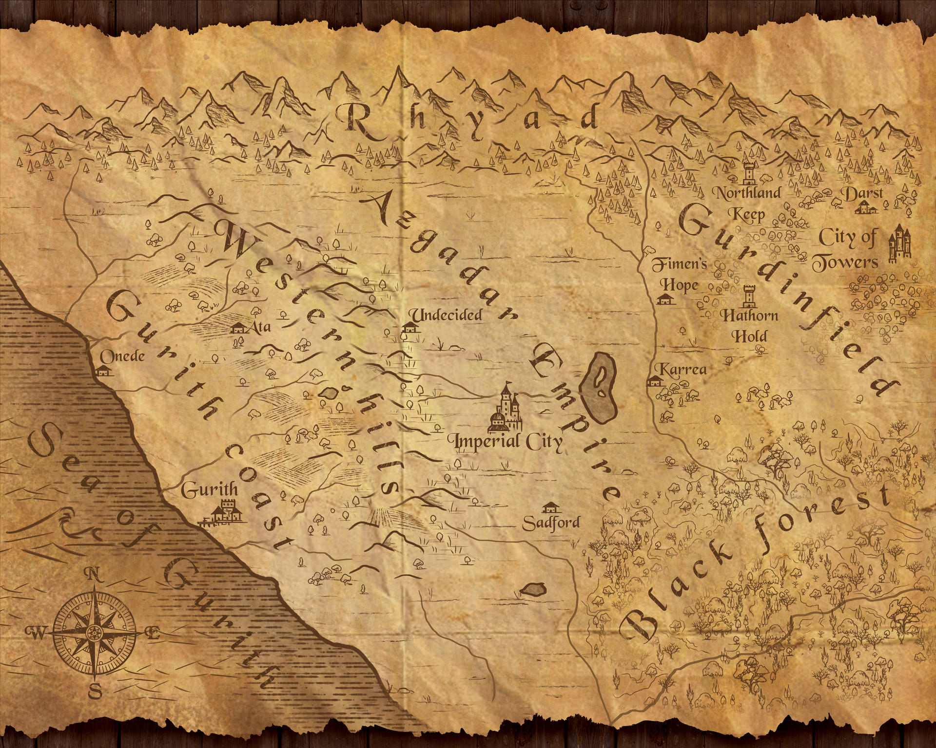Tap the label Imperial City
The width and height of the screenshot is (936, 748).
pyautogui.click(x=508, y=442)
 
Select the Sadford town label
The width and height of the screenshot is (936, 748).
pyautogui.click(x=551, y=523)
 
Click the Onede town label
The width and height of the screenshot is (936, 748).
pyautogui.click(x=122, y=356)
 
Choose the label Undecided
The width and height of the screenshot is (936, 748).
pyautogui.click(x=445, y=315)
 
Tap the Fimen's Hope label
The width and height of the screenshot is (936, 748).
pyautogui.click(x=679, y=274)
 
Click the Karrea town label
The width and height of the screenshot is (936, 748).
pyautogui.click(x=681, y=370)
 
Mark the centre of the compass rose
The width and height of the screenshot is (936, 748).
pyautogui.click(x=94, y=633)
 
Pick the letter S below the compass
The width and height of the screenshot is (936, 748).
pyautogui.click(x=96, y=690)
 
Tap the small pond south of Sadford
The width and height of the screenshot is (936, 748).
pyautogui.click(x=532, y=590)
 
